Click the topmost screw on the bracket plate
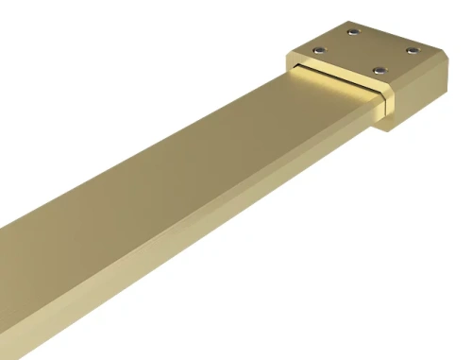click(x=353, y=34)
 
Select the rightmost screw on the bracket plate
click(x=413, y=51)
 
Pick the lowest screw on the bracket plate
click(x=379, y=69)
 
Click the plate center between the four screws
click(x=367, y=50)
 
